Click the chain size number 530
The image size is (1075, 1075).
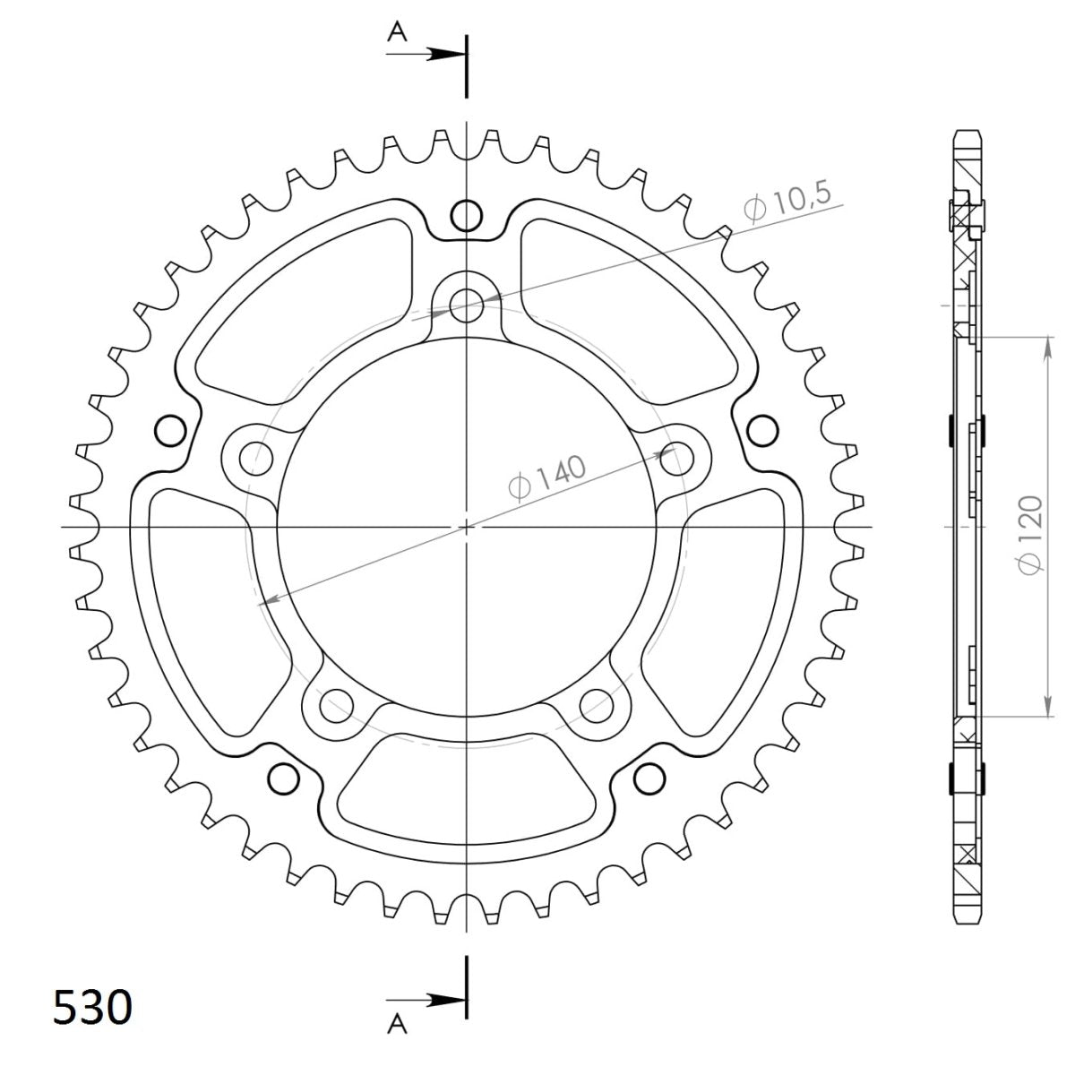point(92,1007)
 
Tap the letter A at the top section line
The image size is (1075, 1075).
point(397,34)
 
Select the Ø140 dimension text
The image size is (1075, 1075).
point(546,477)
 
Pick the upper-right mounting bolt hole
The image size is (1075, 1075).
point(677,459)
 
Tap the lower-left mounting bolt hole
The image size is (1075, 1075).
point(334,705)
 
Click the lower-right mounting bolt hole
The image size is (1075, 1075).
point(596,705)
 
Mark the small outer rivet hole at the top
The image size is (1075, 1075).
point(465,215)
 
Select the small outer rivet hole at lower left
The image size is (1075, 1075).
point(282,775)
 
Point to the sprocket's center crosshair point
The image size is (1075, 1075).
point(465,527)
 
